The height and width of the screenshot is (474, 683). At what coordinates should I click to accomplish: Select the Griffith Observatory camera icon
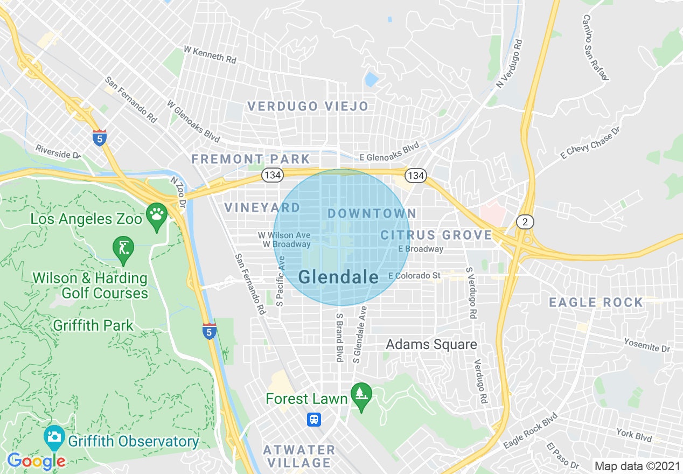[x=54, y=437]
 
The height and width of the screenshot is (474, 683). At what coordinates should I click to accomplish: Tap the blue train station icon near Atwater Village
[x=314, y=419]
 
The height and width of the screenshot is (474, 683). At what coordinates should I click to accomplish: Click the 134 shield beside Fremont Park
[x=270, y=175]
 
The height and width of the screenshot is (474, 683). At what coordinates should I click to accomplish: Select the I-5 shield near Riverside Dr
[x=99, y=138]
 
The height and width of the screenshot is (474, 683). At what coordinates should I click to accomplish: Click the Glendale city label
[x=338, y=277]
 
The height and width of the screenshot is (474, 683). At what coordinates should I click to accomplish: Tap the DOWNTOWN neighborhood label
[x=372, y=213]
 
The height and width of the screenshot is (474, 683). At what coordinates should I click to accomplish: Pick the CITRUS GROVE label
[x=436, y=235]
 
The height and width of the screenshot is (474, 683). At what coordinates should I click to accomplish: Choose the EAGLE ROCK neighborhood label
[x=596, y=302]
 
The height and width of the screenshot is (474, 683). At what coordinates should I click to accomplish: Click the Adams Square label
[x=431, y=344]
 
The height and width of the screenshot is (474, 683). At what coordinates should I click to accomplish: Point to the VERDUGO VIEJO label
[x=308, y=106]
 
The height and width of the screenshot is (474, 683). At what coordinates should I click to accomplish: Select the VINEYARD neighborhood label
[x=262, y=207]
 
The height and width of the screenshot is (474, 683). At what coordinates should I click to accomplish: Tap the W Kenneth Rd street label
[x=210, y=54]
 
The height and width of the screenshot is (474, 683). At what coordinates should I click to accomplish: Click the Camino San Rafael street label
[x=595, y=47]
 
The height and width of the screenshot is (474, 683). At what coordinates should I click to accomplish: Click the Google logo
[x=36, y=461]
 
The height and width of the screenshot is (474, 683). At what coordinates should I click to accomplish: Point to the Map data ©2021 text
[x=636, y=465]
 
